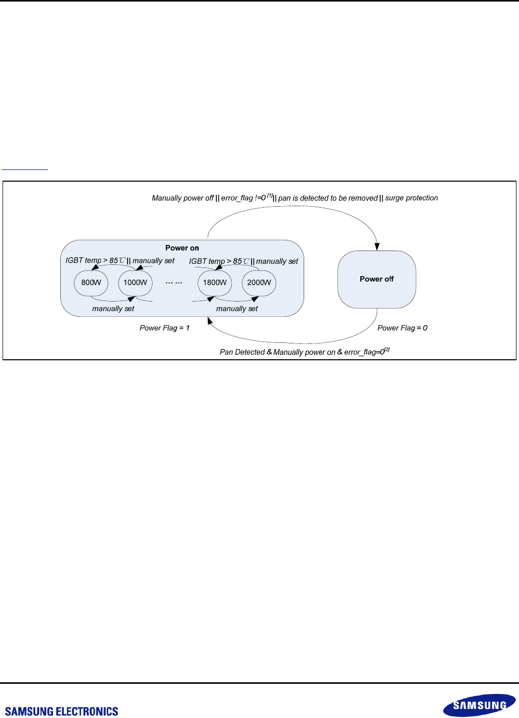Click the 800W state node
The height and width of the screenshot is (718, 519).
91,283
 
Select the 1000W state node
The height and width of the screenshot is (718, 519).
135,283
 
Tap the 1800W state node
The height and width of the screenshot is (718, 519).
215,283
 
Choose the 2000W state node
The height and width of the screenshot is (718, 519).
259,283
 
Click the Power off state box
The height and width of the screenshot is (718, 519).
377,279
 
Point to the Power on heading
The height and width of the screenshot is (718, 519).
182,248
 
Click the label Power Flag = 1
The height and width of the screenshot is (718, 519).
164,328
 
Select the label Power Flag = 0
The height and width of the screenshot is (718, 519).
402,328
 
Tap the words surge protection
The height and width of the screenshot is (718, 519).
411,198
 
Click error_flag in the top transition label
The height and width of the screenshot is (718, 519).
237,198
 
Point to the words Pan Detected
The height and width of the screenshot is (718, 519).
242,352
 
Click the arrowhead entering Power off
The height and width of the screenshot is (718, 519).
377,247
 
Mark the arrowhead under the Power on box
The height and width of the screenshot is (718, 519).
210,320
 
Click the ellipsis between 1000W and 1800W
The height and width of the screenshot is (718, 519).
174,283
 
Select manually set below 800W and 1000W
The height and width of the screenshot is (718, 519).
113,309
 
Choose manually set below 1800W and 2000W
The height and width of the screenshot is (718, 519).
237,309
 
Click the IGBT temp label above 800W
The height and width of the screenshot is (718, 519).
84,260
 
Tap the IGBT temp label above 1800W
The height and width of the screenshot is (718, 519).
207,261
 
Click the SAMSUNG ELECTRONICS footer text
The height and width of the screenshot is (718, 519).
62,711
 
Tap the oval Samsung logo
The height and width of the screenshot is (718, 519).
479,705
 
